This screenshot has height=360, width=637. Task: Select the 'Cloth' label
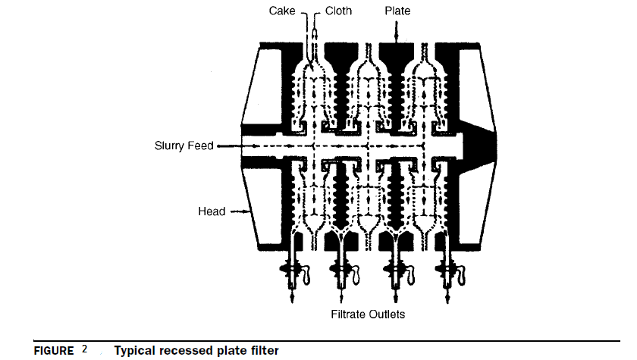338,11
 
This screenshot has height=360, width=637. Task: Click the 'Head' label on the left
212,211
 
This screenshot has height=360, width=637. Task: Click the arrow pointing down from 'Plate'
396,30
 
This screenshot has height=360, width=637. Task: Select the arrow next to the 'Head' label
240,212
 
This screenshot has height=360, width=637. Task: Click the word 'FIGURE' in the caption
53,351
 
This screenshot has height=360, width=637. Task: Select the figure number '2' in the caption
85,350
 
